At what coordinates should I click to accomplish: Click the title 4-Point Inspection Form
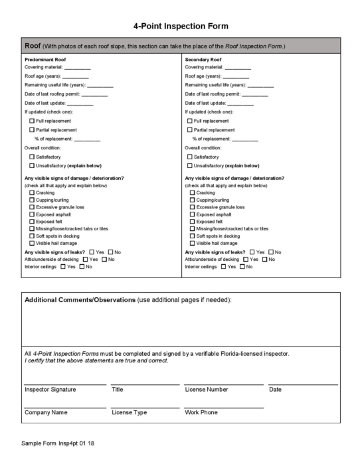181,26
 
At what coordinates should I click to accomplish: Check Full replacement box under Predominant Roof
32,121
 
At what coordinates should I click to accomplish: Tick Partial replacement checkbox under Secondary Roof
191,130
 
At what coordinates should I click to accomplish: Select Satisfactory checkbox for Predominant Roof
32,157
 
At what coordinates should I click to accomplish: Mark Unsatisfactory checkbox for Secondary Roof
191,165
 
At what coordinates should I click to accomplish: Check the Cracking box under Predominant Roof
32,193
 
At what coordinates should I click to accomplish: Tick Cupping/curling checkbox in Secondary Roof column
193,200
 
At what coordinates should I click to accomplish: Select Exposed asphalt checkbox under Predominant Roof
32,214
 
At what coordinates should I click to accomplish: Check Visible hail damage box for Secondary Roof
193,243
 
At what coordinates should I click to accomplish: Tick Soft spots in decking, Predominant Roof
32,236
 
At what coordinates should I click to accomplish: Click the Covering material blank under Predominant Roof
77,68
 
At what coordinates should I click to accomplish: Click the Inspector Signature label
50,390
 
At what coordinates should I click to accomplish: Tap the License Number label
206,390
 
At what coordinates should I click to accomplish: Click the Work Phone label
201,412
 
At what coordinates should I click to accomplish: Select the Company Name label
46,412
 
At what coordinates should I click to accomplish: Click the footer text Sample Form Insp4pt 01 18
57,443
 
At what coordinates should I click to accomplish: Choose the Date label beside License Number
275,390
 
